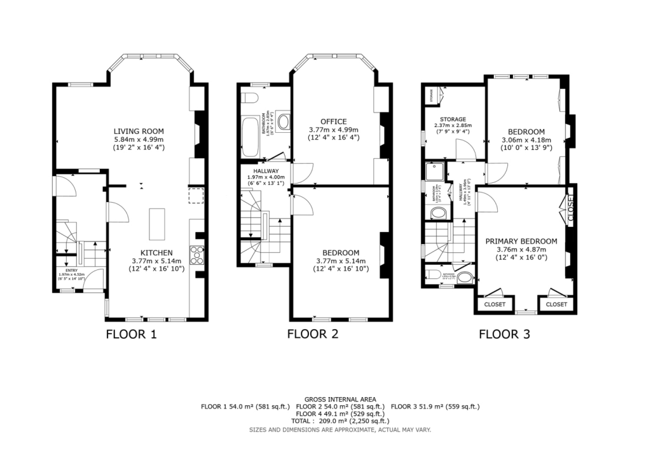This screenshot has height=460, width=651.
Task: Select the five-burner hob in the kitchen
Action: pyautogui.click(x=197, y=254)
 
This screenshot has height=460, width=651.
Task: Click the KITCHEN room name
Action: pyautogui.click(x=156, y=252)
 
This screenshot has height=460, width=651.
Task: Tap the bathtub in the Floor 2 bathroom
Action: pyautogui.click(x=252, y=134)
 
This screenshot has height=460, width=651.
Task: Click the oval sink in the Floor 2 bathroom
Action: pyautogui.click(x=284, y=122)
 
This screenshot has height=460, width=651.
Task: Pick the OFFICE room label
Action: pyautogui.click(x=333, y=121)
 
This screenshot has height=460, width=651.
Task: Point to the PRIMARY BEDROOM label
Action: pyautogui.click(x=521, y=241)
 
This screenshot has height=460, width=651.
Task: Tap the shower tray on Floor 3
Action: pyautogui.click(x=435, y=172)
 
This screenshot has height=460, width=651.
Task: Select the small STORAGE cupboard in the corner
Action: pyautogui.click(x=435, y=97)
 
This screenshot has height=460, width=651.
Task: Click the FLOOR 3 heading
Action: pyautogui.click(x=504, y=334)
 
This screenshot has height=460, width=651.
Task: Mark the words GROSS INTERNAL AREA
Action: pyautogui.click(x=340, y=400)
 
